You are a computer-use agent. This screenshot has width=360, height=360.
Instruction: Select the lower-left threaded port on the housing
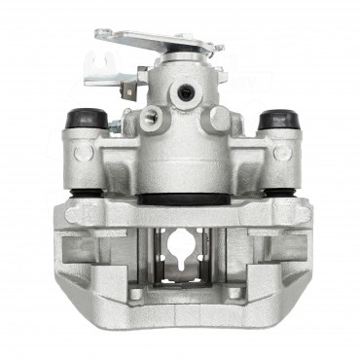[x=149, y=120]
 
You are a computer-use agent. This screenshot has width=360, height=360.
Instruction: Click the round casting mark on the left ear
[x=84, y=153]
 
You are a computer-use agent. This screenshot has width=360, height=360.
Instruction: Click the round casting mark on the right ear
[x=281, y=153]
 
